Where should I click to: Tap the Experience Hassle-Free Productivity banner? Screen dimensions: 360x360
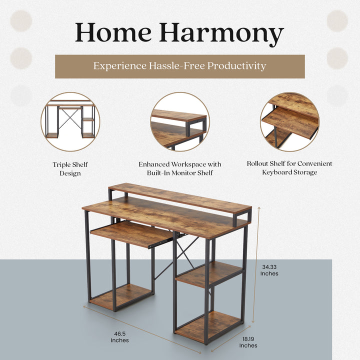click(179, 66)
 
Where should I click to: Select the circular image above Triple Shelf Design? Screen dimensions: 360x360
click(70, 121)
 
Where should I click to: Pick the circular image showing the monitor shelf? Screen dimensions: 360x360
click(179, 121)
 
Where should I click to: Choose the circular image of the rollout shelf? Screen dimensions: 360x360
click(289, 121)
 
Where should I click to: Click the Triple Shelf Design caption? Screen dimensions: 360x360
click(70, 169)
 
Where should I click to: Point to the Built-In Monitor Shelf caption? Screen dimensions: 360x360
click(179, 168)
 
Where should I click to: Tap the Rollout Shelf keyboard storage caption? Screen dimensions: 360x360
click(289, 168)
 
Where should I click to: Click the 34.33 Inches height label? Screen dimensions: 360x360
click(269, 270)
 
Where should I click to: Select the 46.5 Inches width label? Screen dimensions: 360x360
click(119, 336)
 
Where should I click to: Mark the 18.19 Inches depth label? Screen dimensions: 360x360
click(248, 341)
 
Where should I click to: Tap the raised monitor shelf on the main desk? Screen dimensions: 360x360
click(180, 196)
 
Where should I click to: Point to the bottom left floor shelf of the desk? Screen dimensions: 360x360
click(121, 296)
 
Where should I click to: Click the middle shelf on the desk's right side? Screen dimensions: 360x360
click(209, 273)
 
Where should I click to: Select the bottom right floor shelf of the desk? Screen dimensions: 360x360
click(209, 325)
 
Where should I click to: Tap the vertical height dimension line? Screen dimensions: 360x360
click(256, 265)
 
